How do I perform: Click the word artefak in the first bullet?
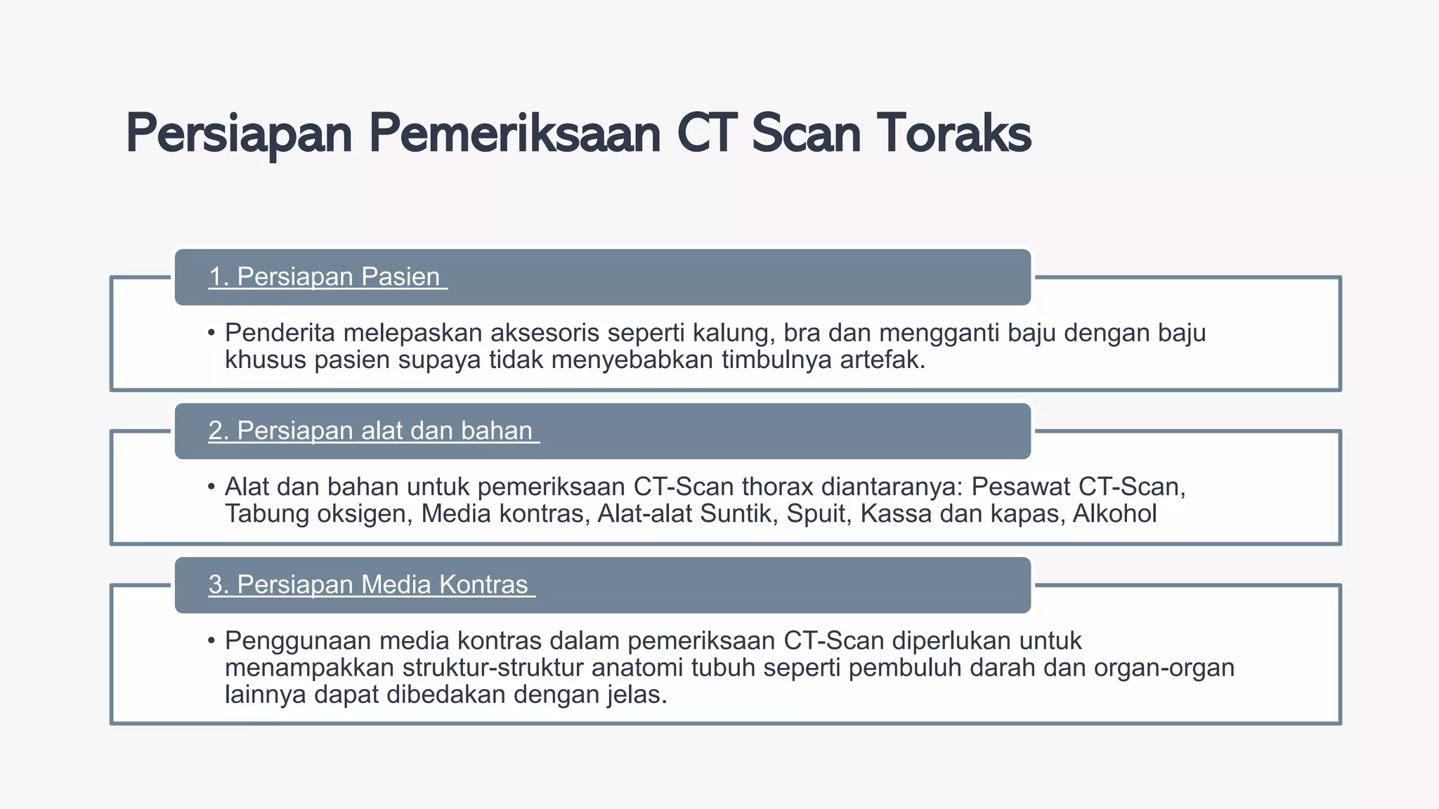coord(882,360)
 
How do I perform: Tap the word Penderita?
coord(280,333)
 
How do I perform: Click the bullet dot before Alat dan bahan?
coord(211,487)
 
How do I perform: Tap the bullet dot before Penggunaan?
coord(211,641)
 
